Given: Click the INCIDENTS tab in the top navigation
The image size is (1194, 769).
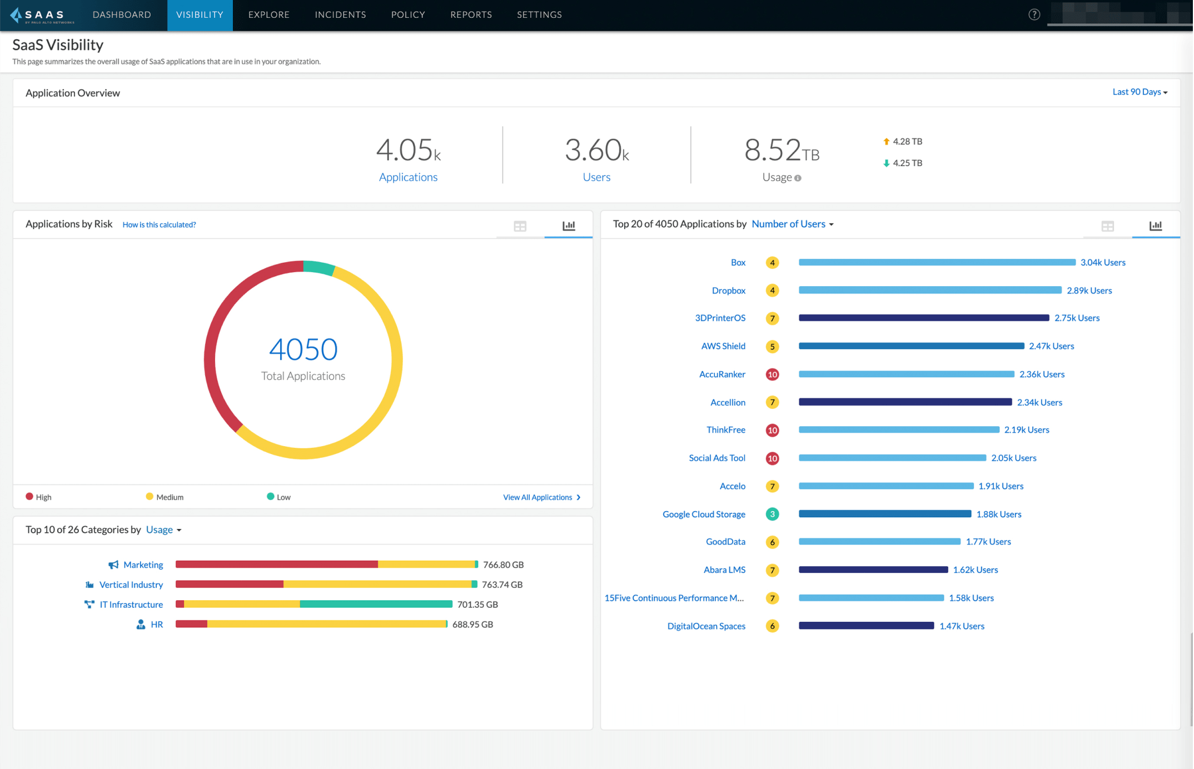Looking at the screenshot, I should point(340,15).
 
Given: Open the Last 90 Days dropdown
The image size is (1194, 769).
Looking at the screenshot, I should point(1139,92).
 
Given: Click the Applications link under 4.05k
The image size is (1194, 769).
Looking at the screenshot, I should point(408,177).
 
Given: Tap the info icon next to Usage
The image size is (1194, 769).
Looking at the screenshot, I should point(798,178).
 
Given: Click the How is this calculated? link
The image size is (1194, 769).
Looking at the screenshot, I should point(159,225).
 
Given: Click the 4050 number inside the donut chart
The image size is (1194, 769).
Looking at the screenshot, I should point(303,349).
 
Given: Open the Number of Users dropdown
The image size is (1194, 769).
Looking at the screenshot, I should point(792,224).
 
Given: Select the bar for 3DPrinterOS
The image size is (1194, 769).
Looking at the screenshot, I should point(923,318).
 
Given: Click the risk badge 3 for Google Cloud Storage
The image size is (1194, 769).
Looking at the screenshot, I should point(772,515).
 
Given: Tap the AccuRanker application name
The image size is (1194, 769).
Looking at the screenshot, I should point(722,374).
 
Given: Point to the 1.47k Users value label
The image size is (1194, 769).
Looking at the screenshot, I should point(962,626).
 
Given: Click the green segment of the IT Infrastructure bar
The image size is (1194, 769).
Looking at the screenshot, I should point(376,605).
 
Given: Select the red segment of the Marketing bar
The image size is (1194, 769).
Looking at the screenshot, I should point(276,565).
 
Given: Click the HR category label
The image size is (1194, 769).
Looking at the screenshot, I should point(157,625).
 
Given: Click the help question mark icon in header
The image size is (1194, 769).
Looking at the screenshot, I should point(1034,15).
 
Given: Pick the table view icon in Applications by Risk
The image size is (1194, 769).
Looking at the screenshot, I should point(520,226).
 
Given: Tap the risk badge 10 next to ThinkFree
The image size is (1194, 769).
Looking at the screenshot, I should point(772,431).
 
